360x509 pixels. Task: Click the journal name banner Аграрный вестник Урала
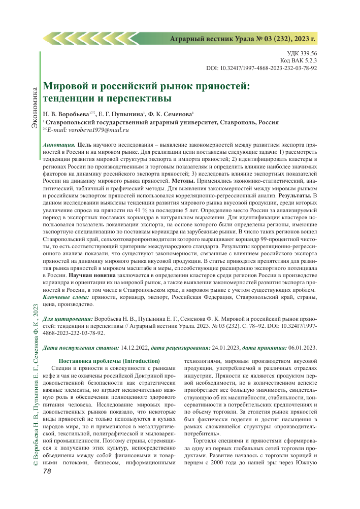click(242, 39)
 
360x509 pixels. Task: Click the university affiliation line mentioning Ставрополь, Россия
click(162, 123)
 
